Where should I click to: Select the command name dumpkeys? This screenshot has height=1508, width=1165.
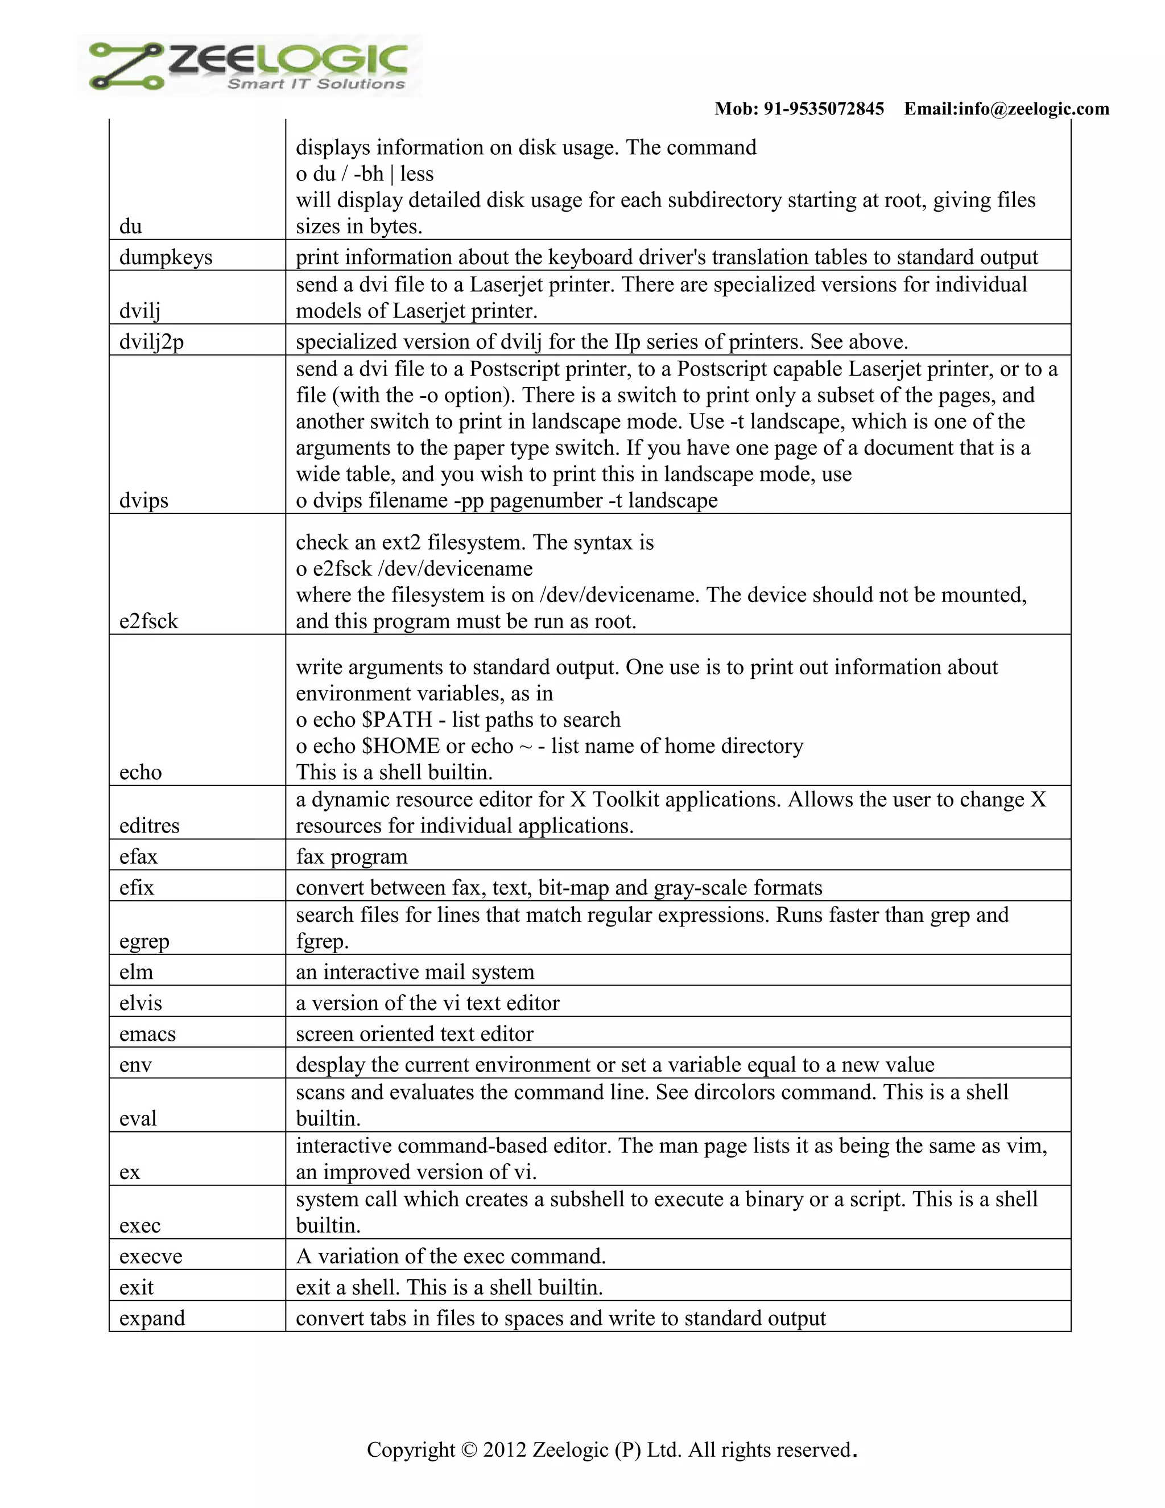pos(166,258)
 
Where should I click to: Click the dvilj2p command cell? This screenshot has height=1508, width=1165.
pos(152,343)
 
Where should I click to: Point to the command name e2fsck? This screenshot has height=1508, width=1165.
pos(148,621)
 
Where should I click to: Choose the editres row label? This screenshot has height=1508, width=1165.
pos(149,826)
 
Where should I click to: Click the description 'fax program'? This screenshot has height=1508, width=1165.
pos(352,857)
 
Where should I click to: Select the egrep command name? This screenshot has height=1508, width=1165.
pos(144,942)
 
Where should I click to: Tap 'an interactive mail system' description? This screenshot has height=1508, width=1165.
pos(415,972)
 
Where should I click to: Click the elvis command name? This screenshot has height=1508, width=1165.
pos(141,1003)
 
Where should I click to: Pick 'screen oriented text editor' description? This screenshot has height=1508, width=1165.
pos(414,1035)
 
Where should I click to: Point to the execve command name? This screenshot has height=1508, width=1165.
pos(150,1256)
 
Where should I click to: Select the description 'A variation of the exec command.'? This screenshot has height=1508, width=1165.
pos(451,1256)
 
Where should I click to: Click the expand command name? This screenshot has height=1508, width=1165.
pos(152,1319)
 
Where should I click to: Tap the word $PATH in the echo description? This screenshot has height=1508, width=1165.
pos(397,720)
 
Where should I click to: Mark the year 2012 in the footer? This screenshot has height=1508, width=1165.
pos(505,1450)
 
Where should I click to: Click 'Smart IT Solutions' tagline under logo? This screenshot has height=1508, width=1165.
pos(316,84)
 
